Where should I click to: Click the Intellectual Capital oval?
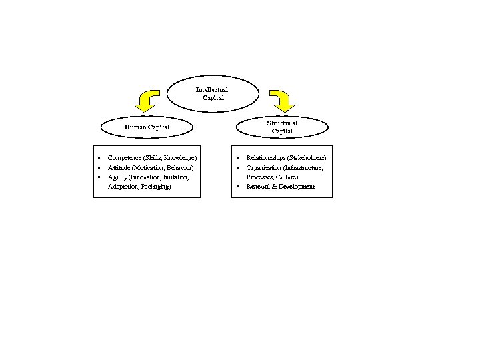[211, 93]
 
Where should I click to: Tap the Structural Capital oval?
[282, 127]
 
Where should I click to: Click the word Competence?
[124, 157]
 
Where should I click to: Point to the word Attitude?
[119, 167]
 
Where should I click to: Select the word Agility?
[116, 177]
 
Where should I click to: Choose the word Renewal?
[258, 187]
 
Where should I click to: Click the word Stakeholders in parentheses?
[306, 157]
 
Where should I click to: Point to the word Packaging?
[155, 187]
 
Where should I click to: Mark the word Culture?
[286, 177]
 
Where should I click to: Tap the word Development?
[297, 187]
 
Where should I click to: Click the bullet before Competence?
[99, 157]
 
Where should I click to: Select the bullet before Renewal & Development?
[237, 187]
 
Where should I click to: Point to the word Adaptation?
[122, 187]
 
